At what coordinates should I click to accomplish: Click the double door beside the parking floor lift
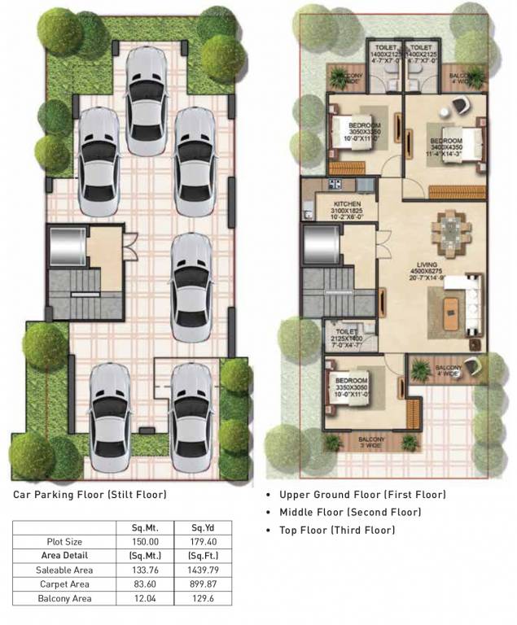[x=128, y=241]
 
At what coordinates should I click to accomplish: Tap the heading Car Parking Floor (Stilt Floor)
[x=90, y=494]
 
